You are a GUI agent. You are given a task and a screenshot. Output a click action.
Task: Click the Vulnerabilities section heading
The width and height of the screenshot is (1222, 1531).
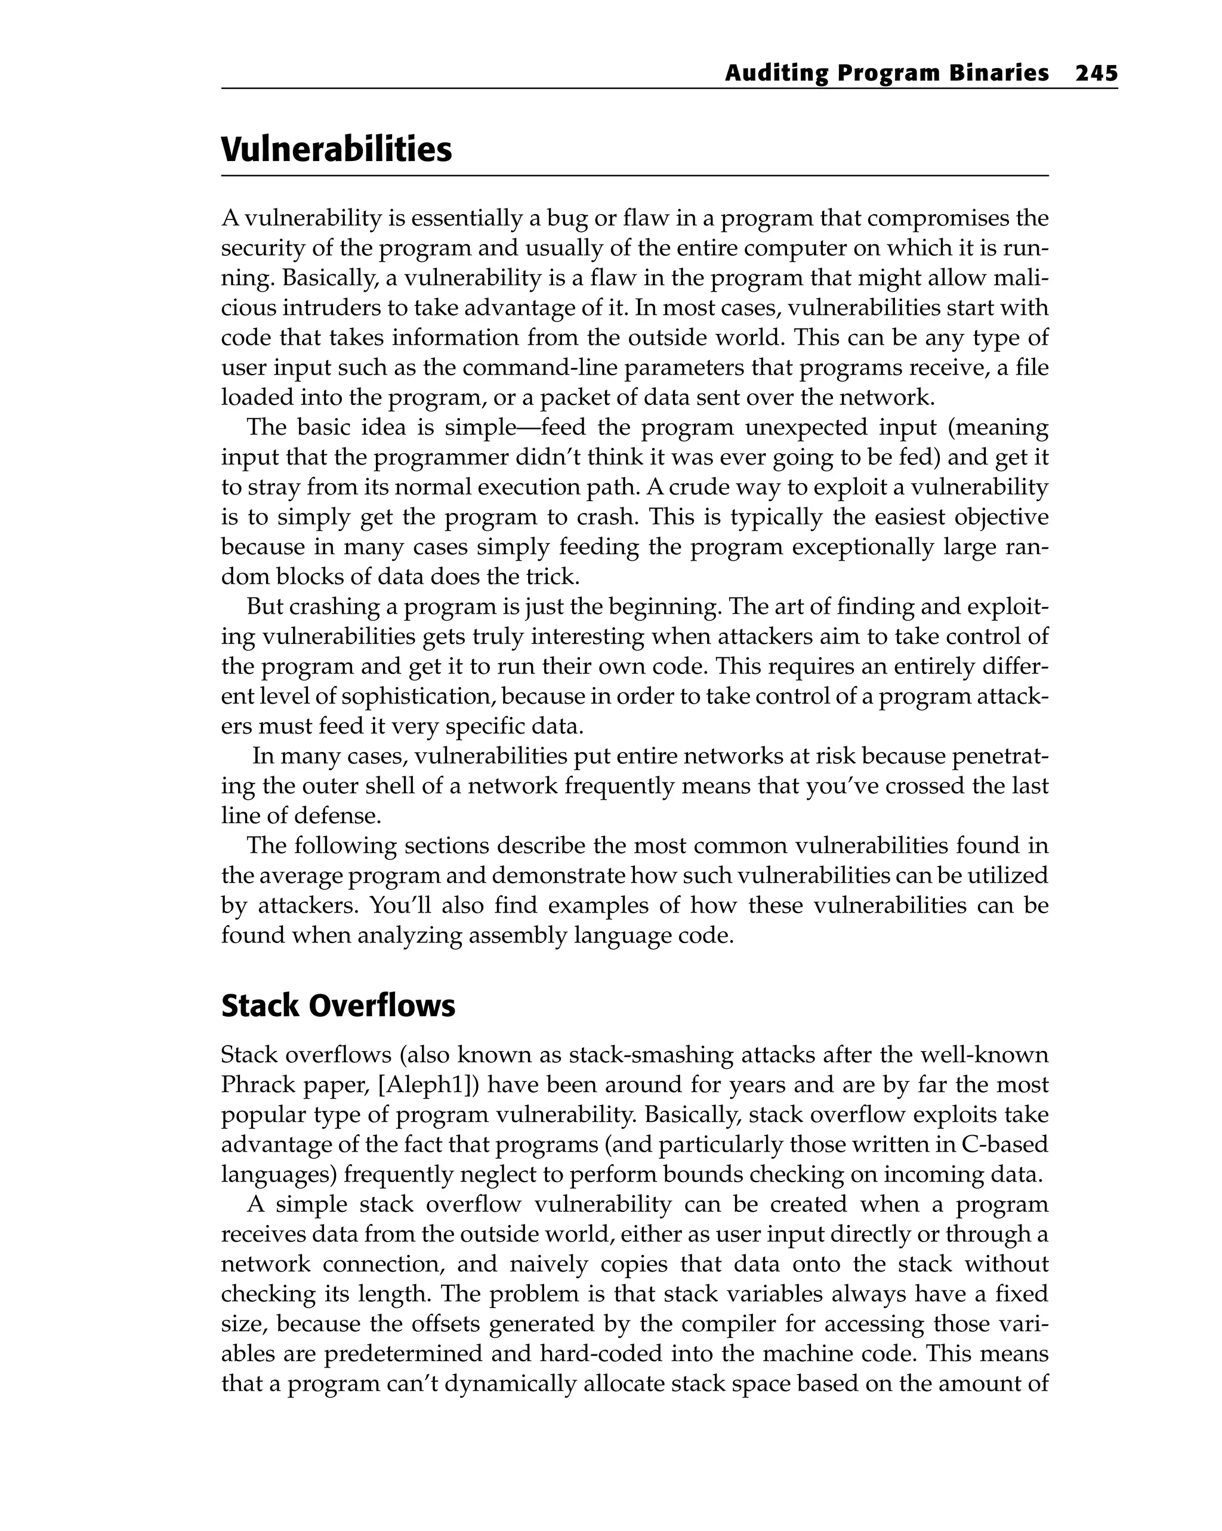336,150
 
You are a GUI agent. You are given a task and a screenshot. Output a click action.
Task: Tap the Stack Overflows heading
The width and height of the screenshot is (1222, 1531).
338,1006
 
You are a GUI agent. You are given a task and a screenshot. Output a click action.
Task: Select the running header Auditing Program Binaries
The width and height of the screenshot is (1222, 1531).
886,73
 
